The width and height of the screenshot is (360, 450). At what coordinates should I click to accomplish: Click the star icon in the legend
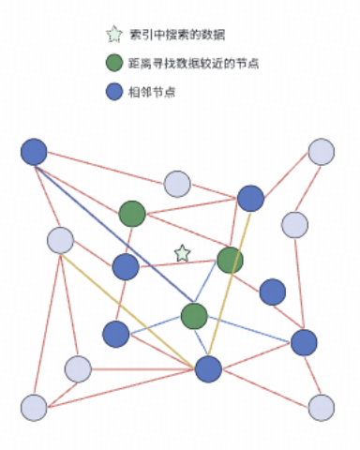click(114, 35)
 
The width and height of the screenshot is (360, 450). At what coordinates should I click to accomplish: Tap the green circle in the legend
click(114, 64)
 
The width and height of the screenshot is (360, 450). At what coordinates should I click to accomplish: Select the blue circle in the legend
click(114, 92)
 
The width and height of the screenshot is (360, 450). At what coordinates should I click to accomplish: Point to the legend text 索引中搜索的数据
click(177, 35)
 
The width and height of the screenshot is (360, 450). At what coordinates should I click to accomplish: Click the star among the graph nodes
click(182, 253)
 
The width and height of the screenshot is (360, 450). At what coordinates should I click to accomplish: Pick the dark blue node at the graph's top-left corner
click(34, 151)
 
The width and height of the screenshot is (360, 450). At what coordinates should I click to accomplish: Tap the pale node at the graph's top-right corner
click(322, 152)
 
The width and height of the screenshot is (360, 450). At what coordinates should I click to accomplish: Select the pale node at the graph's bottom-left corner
click(34, 407)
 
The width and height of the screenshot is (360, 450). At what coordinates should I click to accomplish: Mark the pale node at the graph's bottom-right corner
click(322, 407)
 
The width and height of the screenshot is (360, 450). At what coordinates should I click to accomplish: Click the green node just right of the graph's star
click(230, 260)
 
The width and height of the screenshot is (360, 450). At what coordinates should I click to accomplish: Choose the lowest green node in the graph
click(194, 316)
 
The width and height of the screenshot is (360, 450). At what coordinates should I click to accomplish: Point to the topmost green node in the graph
click(132, 214)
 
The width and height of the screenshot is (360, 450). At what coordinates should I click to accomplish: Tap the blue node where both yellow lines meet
click(208, 368)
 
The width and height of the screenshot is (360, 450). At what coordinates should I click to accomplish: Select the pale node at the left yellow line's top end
click(61, 241)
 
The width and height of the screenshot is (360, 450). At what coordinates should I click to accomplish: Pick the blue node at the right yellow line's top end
click(250, 198)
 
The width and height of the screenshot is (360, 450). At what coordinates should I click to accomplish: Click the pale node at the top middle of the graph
click(177, 184)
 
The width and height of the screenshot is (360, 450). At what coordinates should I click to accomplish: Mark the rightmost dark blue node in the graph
click(304, 342)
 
